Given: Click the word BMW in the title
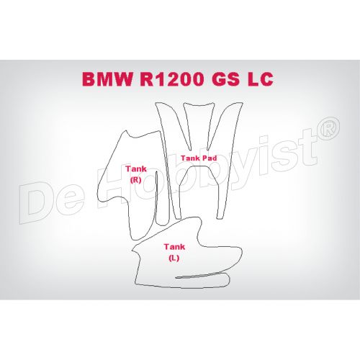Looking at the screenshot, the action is pyautogui.click(x=107, y=79).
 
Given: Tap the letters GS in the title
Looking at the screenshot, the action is pyautogui.click(x=225, y=79).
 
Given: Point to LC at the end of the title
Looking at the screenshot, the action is pyautogui.click(x=260, y=79).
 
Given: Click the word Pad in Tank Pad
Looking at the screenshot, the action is pyautogui.click(x=210, y=158).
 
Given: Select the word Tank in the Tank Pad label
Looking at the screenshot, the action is pyautogui.click(x=190, y=158).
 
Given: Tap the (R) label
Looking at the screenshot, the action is pyautogui.click(x=135, y=180).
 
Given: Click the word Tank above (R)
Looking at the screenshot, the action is pyautogui.click(x=136, y=168).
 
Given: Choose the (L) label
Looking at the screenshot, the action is pyautogui.click(x=174, y=258).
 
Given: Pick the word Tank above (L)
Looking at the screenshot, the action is pyautogui.click(x=174, y=247).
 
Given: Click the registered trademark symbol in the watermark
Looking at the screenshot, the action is pyautogui.click(x=328, y=128).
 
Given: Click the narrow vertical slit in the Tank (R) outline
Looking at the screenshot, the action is pyautogui.click(x=156, y=197).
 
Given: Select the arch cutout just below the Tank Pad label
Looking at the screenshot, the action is pyautogui.click(x=199, y=167).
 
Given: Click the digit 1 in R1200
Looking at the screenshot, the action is pyautogui.click(x=158, y=79).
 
